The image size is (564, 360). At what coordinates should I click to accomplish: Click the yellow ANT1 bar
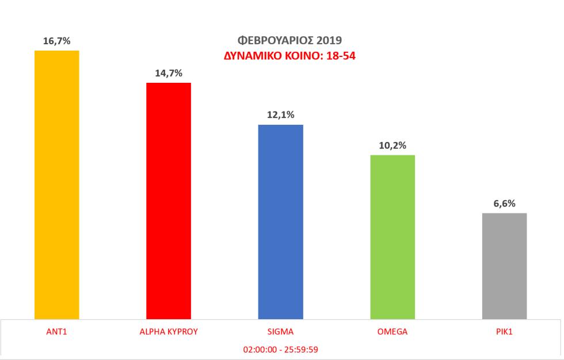point(57,184)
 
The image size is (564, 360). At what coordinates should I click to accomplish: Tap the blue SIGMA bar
point(280,221)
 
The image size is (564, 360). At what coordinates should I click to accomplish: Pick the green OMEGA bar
point(392,236)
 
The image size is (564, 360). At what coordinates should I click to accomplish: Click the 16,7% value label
point(57,41)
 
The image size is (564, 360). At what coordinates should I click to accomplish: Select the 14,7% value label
point(169,73)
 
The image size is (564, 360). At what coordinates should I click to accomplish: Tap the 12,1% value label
point(280,115)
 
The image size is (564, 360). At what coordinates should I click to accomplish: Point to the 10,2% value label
point(392,145)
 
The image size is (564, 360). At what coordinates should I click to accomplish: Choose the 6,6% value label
point(504,204)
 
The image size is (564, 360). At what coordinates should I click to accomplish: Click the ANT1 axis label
point(57,332)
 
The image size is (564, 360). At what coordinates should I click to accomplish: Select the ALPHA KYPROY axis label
point(169,332)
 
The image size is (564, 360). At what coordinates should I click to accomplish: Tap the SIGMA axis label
point(280,332)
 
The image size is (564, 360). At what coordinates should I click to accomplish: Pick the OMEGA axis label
point(392,332)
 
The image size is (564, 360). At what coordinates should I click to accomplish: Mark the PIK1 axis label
point(504,332)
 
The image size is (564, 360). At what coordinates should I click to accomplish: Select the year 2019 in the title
point(329,41)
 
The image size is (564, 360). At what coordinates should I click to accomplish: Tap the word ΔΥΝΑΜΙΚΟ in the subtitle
point(249,56)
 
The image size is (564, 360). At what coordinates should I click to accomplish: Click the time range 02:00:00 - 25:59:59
point(281,349)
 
